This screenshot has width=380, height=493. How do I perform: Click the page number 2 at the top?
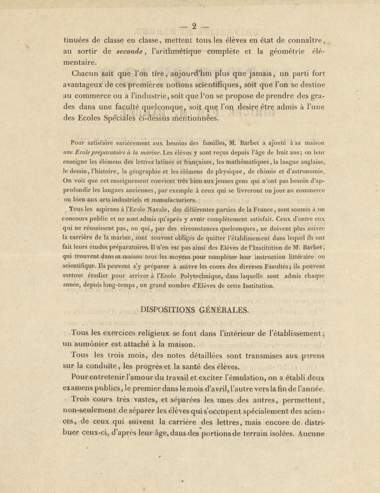click(194, 26)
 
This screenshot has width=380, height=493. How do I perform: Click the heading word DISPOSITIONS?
click(168, 310)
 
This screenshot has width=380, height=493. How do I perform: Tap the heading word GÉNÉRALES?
click(224, 310)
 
